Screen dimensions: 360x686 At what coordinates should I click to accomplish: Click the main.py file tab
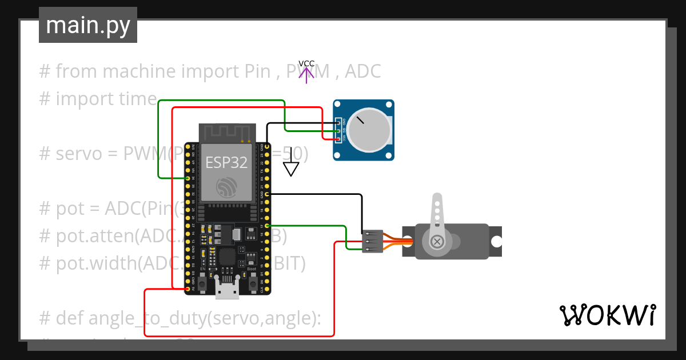pyautogui.click(x=87, y=25)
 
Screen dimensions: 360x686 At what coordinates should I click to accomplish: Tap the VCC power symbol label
pyautogui.click(x=306, y=63)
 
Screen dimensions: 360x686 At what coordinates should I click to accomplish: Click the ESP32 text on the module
pyautogui.click(x=226, y=162)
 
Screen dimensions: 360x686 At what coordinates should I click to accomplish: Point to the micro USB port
pyautogui.click(x=227, y=291)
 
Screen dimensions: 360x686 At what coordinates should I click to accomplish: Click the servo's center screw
pyautogui.click(x=437, y=242)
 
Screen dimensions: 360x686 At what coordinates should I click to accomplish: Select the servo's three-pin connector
pyautogui.click(x=372, y=241)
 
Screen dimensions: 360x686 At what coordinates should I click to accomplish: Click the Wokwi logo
pyautogui.click(x=607, y=315)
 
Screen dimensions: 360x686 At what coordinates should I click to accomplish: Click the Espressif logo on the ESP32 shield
pyautogui.click(x=226, y=187)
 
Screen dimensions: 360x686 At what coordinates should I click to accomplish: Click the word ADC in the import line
pyautogui.click(x=363, y=71)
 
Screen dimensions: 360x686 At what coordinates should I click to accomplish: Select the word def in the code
pyautogui.click(x=70, y=318)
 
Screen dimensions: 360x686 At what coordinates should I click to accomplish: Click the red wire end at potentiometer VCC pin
pyautogui.click(x=338, y=138)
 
